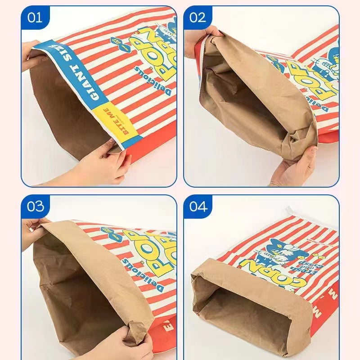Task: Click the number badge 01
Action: click(x=35, y=18)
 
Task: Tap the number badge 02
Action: click(x=197, y=18)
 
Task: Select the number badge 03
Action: click(x=35, y=207)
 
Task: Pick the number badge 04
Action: click(x=198, y=207)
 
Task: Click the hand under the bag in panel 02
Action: click(x=295, y=166)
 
